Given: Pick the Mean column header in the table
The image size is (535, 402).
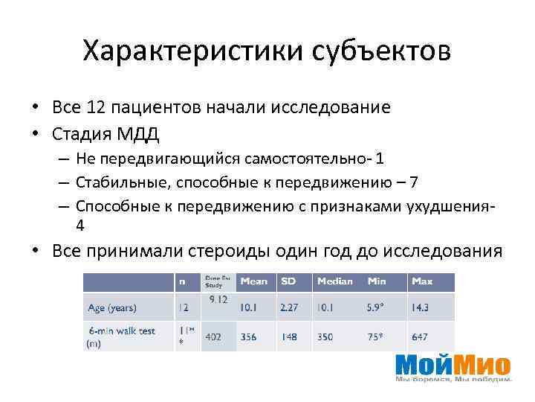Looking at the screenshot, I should (254, 281).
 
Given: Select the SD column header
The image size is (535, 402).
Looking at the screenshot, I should (288, 281).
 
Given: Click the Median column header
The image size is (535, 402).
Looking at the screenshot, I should (335, 281).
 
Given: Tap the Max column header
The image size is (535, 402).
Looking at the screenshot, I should (422, 281).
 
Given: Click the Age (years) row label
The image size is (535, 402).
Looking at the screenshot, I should (111, 307).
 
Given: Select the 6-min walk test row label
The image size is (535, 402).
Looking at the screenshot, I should (122, 331).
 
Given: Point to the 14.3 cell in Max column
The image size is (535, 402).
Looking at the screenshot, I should (421, 307).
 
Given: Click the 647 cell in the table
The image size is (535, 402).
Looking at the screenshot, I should (420, 337).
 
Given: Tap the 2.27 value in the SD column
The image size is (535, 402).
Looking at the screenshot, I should (288, 307).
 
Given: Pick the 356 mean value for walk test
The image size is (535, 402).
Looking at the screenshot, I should (248, 337).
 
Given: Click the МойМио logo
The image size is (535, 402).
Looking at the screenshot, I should (453, 366).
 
